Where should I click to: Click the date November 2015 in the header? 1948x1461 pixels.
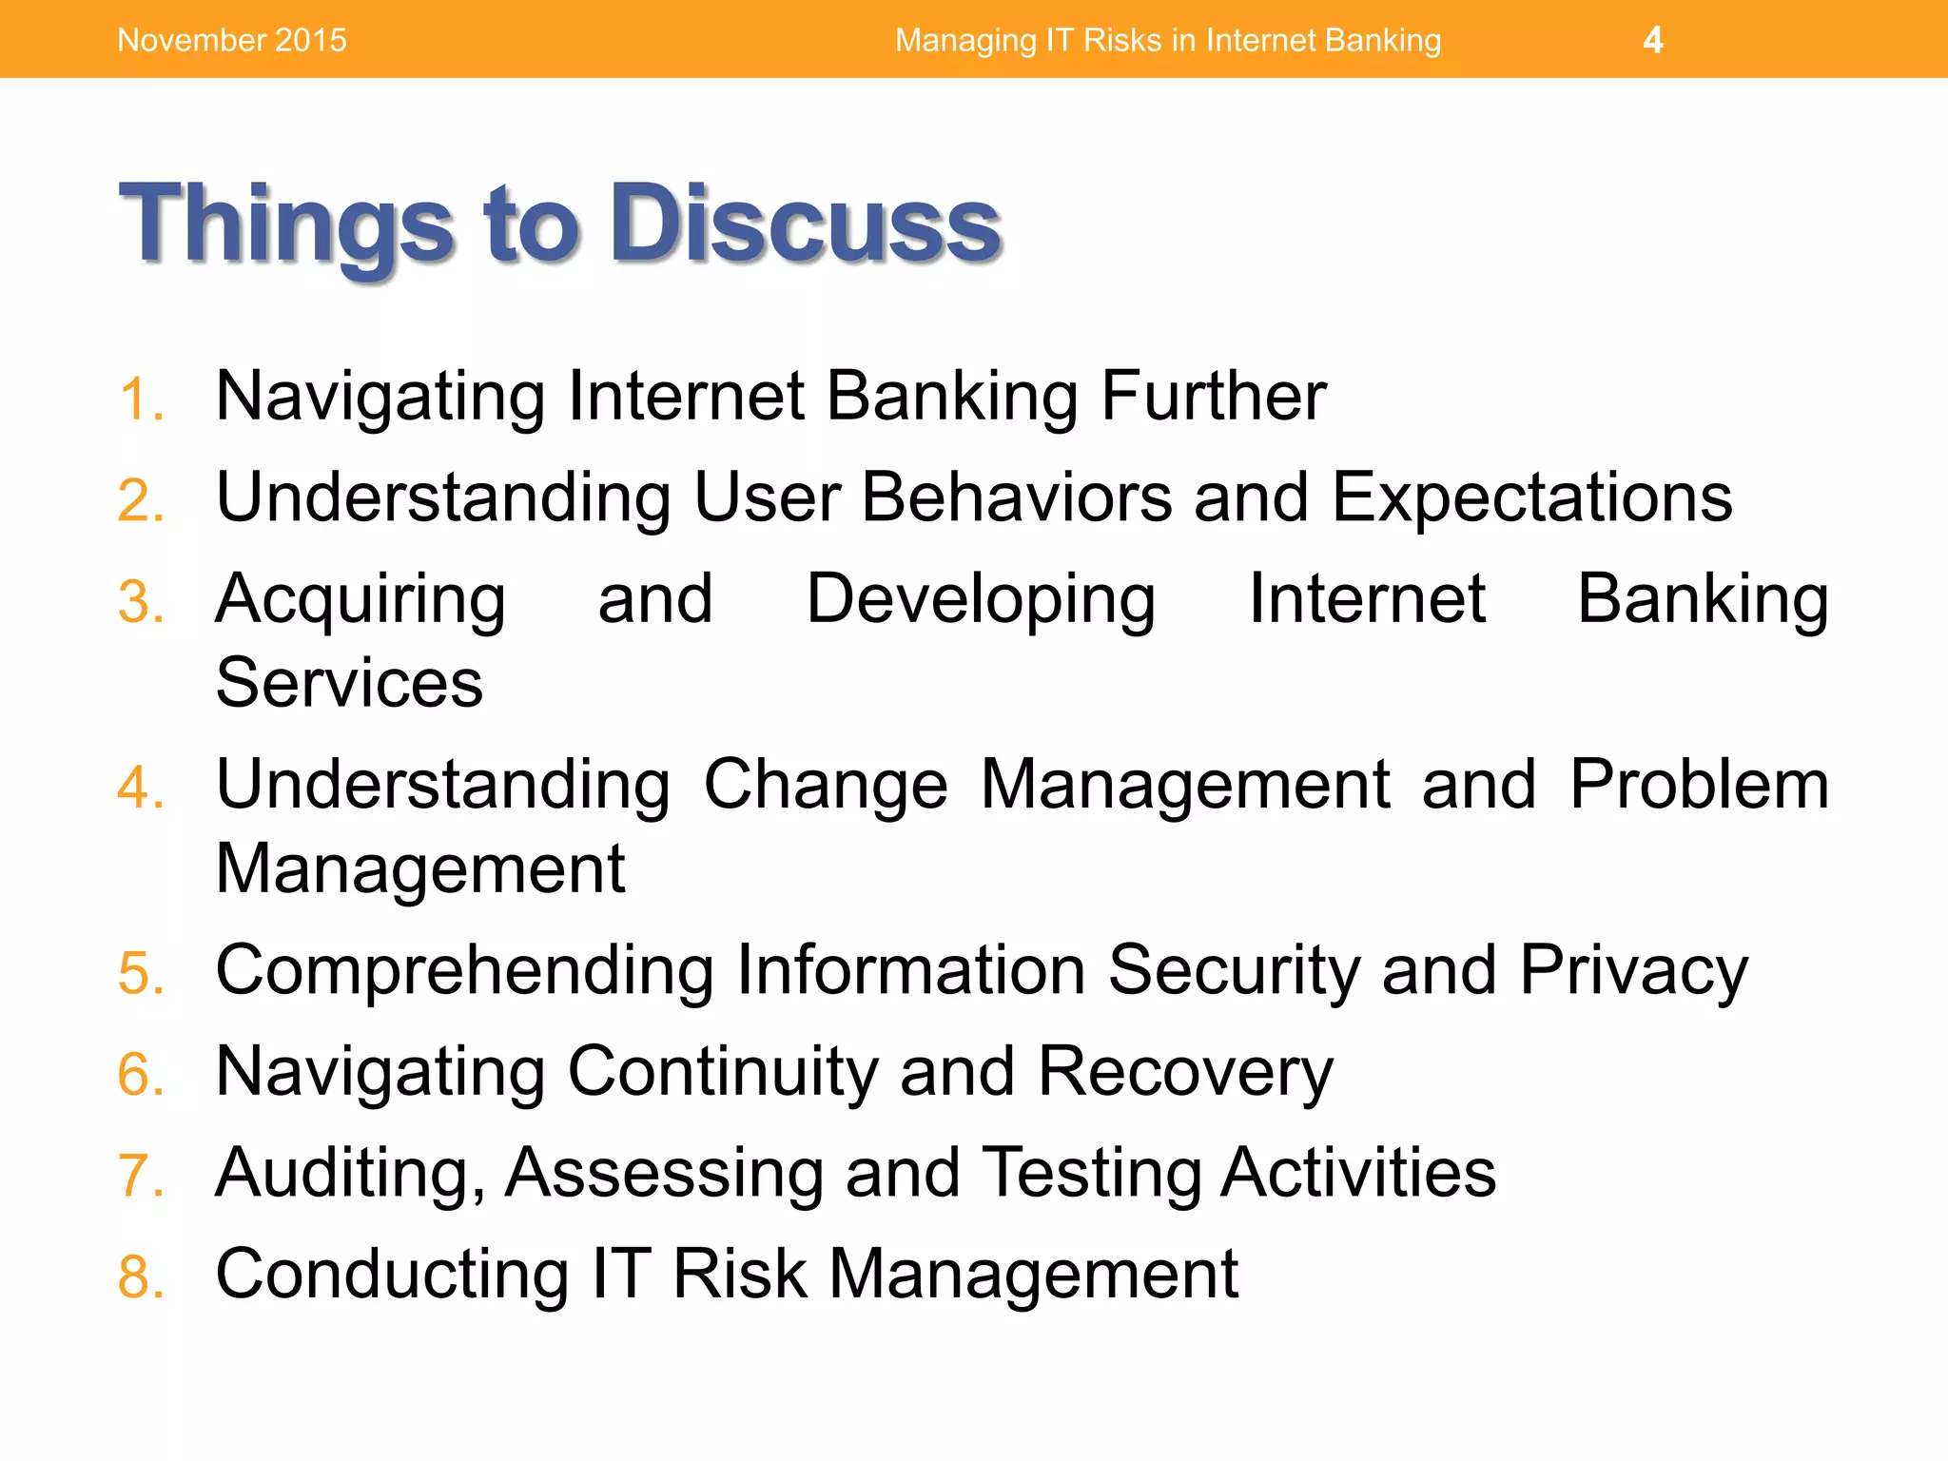tap(232, 40)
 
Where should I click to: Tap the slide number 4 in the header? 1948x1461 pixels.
tap(1652, 40)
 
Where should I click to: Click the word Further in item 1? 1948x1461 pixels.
tap(1213, 396)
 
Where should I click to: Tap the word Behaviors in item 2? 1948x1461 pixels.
tap(1017, 497)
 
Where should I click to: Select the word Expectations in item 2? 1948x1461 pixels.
tap(1531, 497)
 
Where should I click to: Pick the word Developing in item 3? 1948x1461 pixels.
tap(981, 600)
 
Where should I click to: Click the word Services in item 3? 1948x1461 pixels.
tap(349, 683)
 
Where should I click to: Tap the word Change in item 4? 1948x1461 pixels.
tap(826, 785)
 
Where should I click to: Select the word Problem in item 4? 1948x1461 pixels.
tap(1699, 785)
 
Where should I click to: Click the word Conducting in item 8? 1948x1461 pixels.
tap(392, 1275)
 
